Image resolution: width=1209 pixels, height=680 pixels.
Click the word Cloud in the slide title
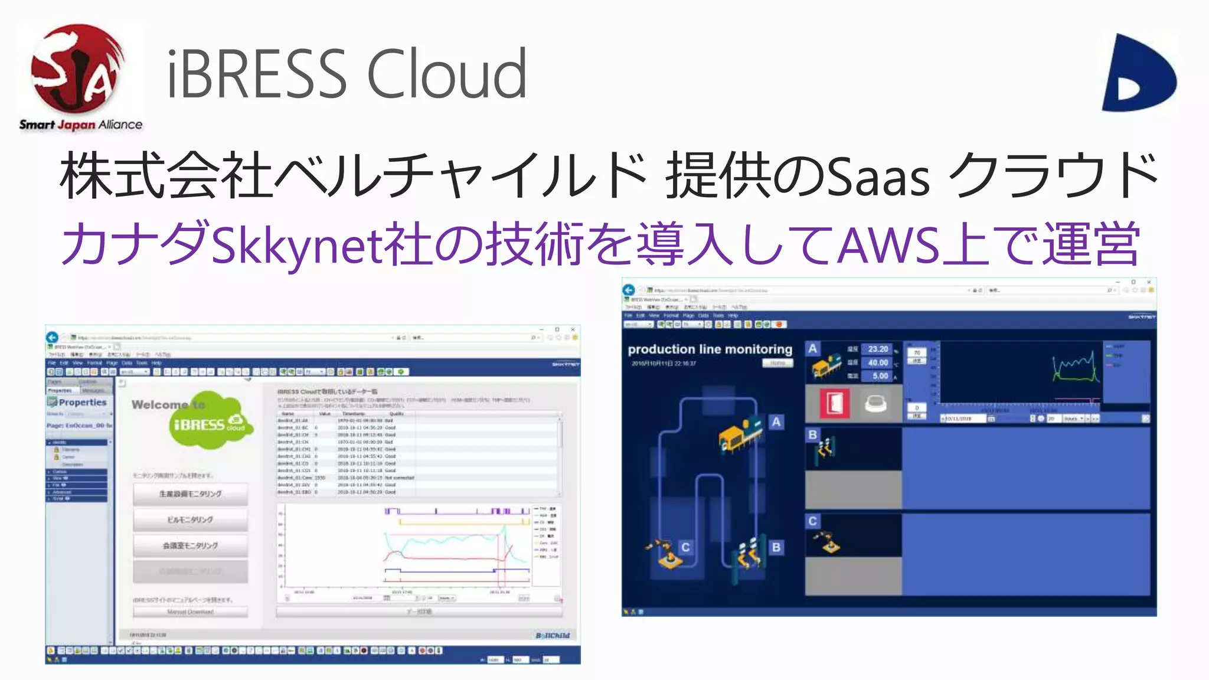coord(447,74)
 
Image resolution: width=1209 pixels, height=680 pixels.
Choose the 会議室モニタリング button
coord(190,545)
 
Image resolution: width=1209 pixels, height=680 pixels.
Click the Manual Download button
coord(190,612)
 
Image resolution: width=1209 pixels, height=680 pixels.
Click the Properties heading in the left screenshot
coord(82,403)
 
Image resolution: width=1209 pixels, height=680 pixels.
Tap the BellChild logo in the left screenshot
coord(553,636)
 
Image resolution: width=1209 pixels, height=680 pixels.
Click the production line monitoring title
coord(710,349)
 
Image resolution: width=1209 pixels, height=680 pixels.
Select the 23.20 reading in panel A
coord(878,349)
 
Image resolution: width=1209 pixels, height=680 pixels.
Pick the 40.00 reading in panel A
coord(878,362)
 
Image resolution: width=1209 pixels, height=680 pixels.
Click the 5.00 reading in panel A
coord(880,376)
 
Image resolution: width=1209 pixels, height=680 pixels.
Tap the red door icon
coord(835,404)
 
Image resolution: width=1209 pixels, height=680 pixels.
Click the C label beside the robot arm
coord(685,547)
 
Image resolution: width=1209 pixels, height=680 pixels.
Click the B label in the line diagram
coord(776,547)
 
